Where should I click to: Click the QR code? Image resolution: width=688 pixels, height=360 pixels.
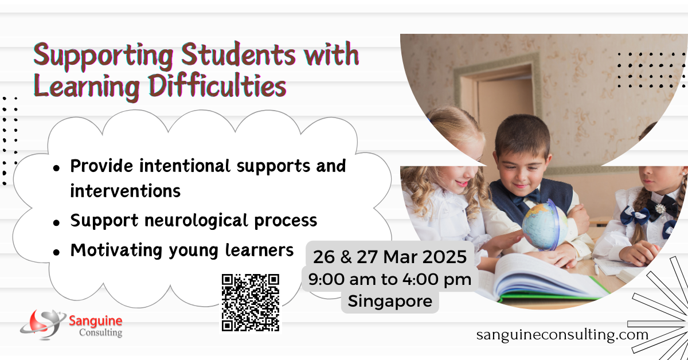pyautogui.click(x=251, y=302)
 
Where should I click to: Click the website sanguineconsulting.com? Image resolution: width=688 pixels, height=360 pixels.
pyautogui.click(x=562, y=334)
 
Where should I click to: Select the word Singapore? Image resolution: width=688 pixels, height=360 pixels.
pyautogui.click(x=390, y=300)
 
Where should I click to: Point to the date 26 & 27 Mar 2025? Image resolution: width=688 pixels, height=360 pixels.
pyautogui.click(x=390, y=257)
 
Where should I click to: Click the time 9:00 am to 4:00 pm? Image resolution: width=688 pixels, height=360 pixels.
pyautogui.click(x=390, y=279)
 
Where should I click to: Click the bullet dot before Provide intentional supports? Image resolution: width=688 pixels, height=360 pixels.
pyautogui.click(x=56, y=167)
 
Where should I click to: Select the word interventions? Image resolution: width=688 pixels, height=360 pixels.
pyautogui.click(x=125, y=191)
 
